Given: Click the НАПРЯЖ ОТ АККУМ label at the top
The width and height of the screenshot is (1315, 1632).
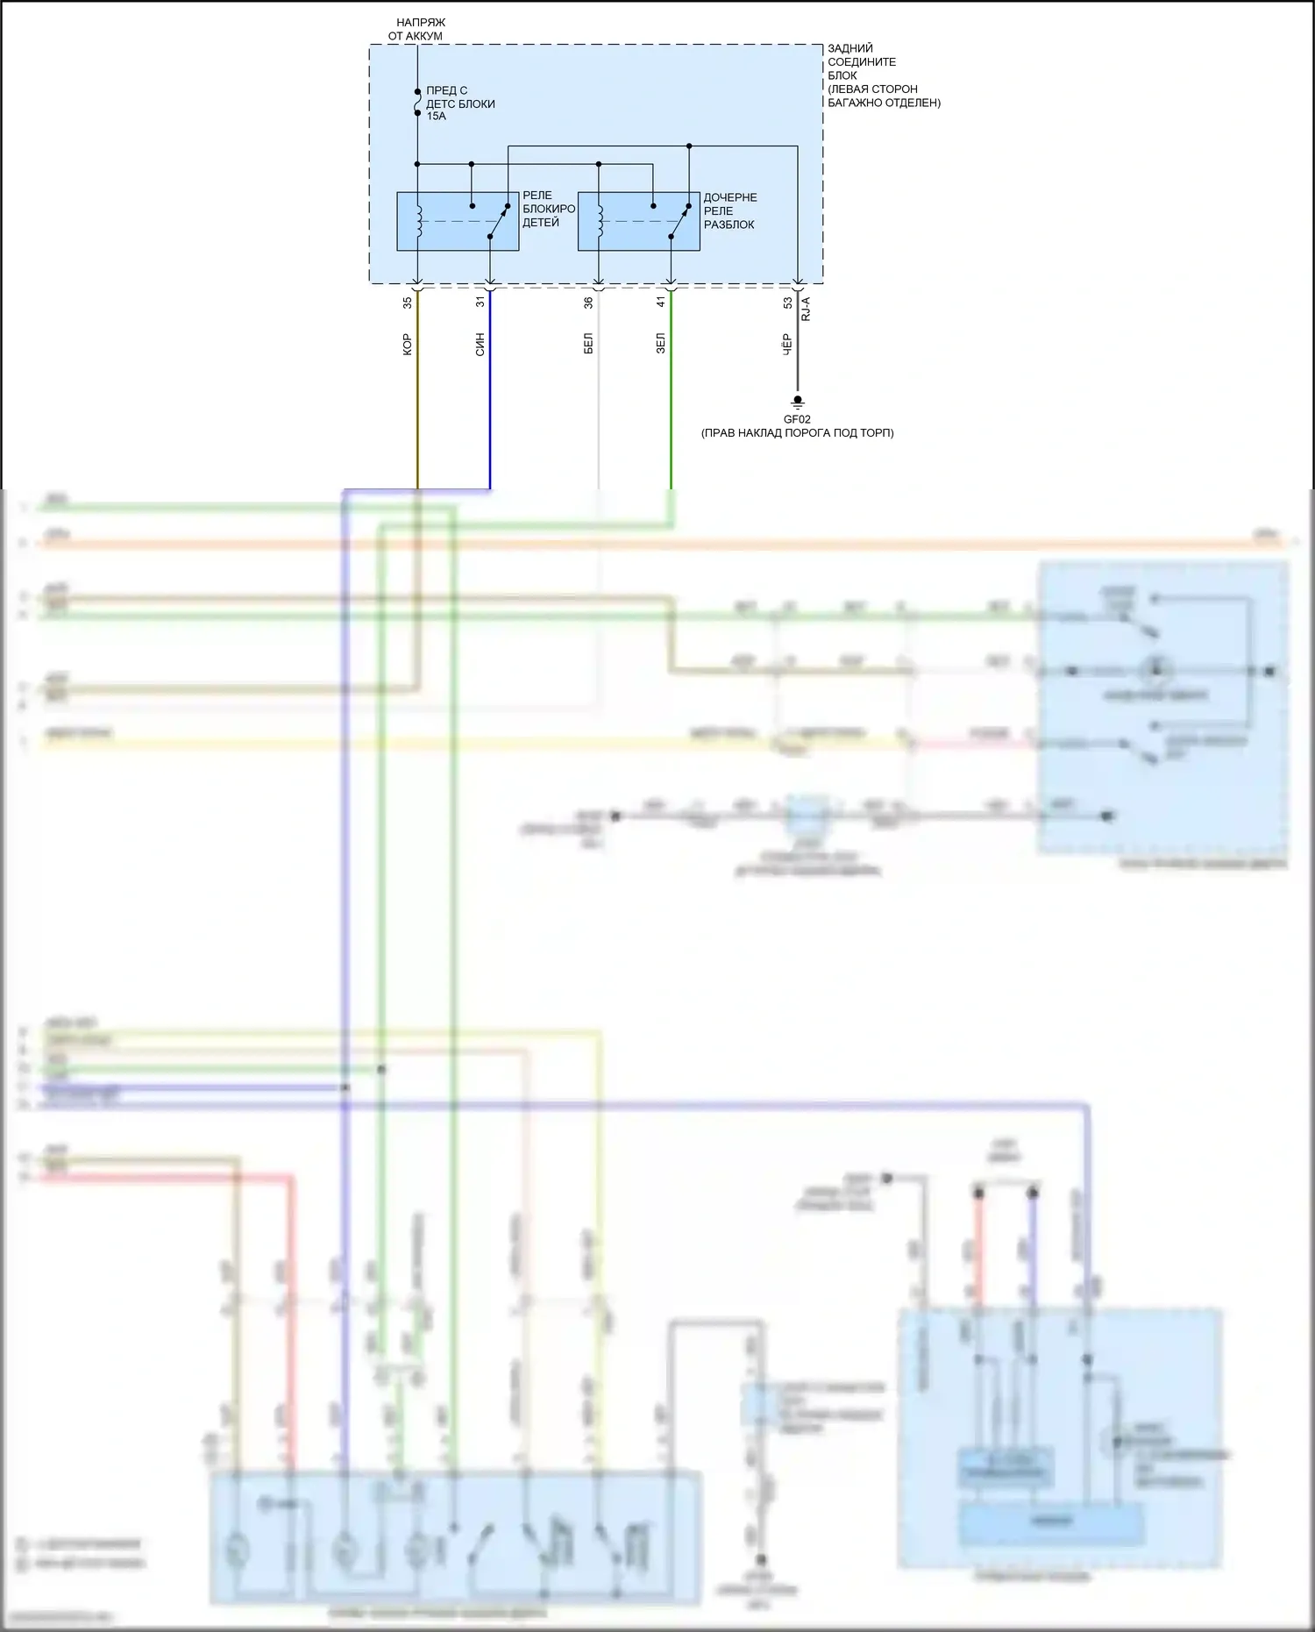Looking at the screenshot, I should [417, 29].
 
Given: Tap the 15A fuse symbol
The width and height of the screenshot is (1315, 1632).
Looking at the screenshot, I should [417, 102].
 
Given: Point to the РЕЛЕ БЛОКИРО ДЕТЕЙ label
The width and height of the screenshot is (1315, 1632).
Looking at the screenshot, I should [548, 209].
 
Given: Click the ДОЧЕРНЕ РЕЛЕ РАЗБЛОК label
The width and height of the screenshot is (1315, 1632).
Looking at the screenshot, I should [729, 210].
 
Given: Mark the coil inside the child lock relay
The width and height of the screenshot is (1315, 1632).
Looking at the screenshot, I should [419, 221].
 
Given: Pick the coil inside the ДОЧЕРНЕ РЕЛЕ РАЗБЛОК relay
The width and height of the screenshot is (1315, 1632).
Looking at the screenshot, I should [601, 221].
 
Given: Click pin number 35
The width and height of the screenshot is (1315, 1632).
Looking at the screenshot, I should [408, 303].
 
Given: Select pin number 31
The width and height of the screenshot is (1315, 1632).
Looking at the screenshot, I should [480, 302].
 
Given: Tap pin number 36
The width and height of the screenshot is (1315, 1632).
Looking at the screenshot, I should [589, 303].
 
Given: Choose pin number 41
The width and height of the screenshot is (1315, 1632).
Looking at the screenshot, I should [662, 302].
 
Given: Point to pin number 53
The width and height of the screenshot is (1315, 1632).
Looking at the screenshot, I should [788, 303].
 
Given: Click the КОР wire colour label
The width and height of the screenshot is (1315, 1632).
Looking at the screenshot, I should [408, 344].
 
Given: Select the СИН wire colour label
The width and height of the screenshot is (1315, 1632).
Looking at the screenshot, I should [480, 345].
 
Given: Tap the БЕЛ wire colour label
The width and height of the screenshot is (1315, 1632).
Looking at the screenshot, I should [589, 343].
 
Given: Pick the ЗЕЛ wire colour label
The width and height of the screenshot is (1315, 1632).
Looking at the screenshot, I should [662, 343].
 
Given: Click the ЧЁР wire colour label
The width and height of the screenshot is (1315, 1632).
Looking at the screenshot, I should [788, 344].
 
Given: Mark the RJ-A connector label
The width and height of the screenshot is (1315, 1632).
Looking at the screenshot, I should [806, 309].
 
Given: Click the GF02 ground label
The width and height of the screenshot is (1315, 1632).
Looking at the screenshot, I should [797, 419].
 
